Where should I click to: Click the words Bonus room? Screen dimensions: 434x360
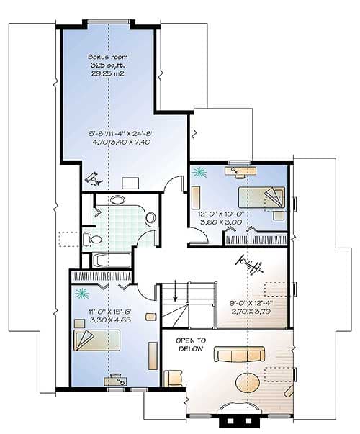tap(107, 56)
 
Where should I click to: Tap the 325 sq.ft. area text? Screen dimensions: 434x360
tap(107, 65)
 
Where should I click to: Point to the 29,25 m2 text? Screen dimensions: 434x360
tap(107, 74)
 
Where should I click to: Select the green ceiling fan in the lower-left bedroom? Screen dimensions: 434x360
tap(81, 293)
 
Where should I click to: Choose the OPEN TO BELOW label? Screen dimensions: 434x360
tap(192, 344)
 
